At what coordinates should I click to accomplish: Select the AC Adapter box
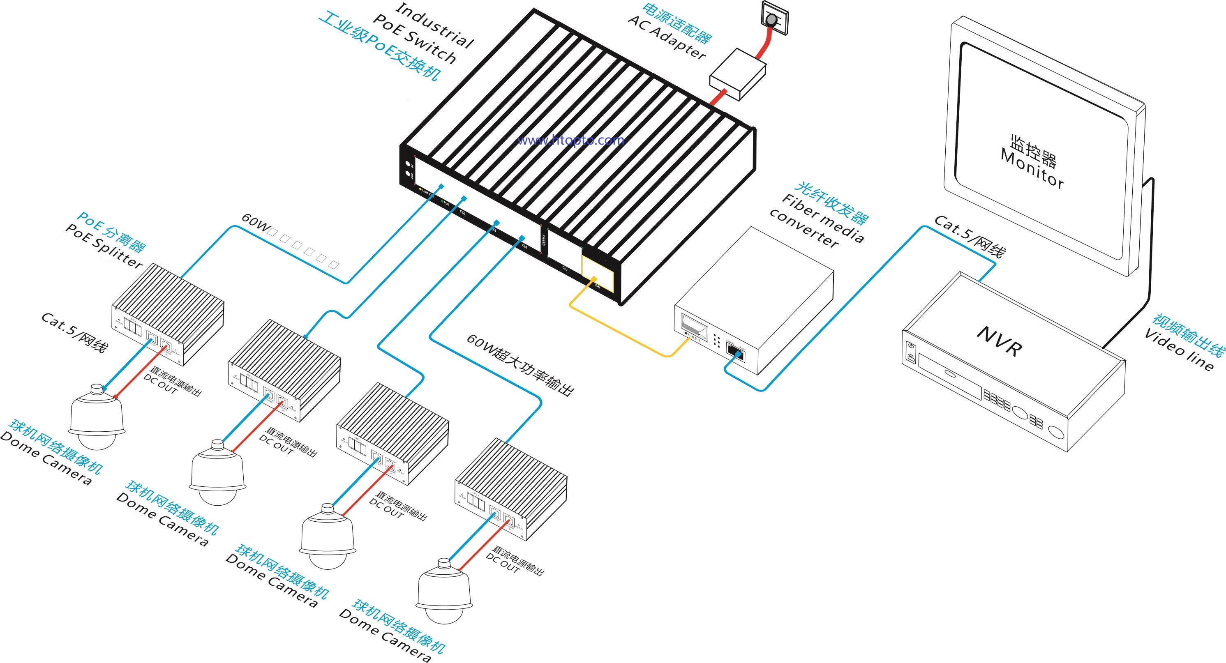click(x=738, y=74)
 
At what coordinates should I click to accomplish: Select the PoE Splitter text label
click(x=104, y=246)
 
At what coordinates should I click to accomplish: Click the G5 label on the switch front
click(x=565, y=269)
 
